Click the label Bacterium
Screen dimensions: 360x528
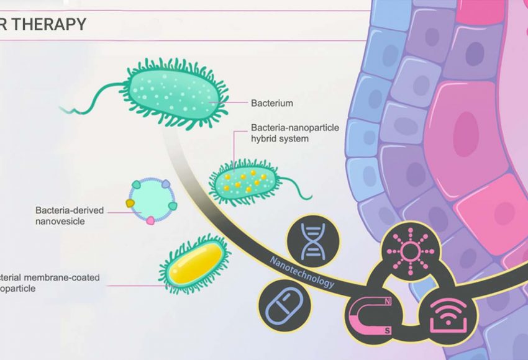(x=271, y=102)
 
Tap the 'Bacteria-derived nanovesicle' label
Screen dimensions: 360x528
(x=69, y=216)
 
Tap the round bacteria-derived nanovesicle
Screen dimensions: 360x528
(x=151, y=201)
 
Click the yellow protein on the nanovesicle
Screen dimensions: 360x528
(x=130, y=203)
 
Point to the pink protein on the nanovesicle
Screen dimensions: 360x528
(x=150, y=220)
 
